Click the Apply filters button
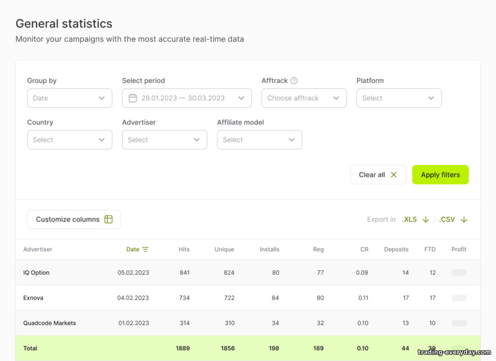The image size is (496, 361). click(x=440, y=174)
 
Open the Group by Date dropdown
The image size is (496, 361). click(x=69, y=98)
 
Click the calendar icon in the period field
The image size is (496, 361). click(x=133, y=98)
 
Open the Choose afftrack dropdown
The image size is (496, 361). click(x=304, y=98)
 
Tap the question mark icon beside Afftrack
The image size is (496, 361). click(x=294, y=81)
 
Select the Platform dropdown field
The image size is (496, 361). click(x=399, y=98)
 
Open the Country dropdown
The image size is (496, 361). click(x=69, y=140)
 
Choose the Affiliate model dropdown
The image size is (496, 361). click(x=259, y=140)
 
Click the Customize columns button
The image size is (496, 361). click(x=74, y=219)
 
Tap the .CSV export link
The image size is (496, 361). click(x=453, y=220)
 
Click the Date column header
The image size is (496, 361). click(x=137, y=249)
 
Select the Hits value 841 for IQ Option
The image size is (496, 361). click(x=185, y=272)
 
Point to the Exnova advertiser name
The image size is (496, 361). click(x=33, y=298)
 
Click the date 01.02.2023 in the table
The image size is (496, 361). click(x=134, y=323)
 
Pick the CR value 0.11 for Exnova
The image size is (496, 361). click(x=363, y=298)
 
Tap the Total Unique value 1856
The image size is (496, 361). click(x=228, y=348)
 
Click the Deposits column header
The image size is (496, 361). click(x=396, y=249)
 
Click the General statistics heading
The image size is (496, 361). click(x=64, y=24)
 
